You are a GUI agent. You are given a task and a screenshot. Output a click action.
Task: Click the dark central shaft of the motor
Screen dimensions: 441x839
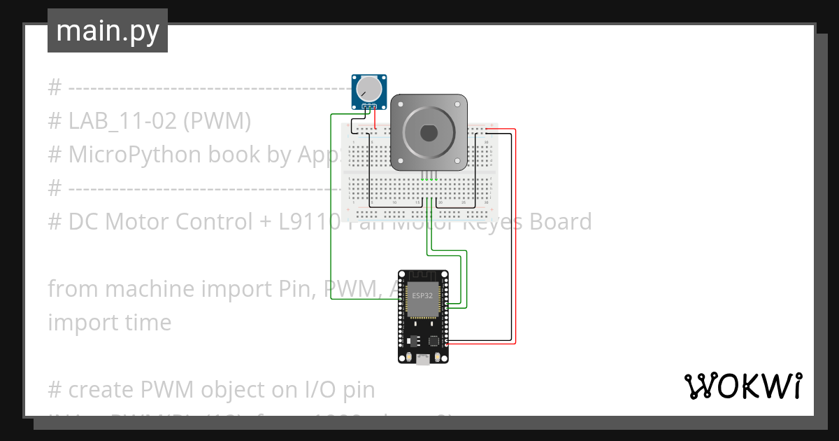[x=428, y=132]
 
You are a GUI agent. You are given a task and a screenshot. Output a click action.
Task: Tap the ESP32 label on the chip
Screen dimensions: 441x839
[x=422, y=295]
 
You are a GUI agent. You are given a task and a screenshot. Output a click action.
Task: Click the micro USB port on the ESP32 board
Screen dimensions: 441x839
[x=423, y=360]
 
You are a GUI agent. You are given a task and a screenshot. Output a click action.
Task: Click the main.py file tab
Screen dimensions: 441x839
[x=107, y=31]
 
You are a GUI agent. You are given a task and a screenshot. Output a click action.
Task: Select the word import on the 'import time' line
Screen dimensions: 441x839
[x=76, y=323]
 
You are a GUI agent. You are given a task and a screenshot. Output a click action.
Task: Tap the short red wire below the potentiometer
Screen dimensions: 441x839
[x=375, y=119]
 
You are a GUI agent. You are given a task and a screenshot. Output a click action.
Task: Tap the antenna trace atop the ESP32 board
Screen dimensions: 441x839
[x=423, y=276]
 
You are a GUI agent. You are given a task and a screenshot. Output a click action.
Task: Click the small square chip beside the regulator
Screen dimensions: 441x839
[x=433, y=341]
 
